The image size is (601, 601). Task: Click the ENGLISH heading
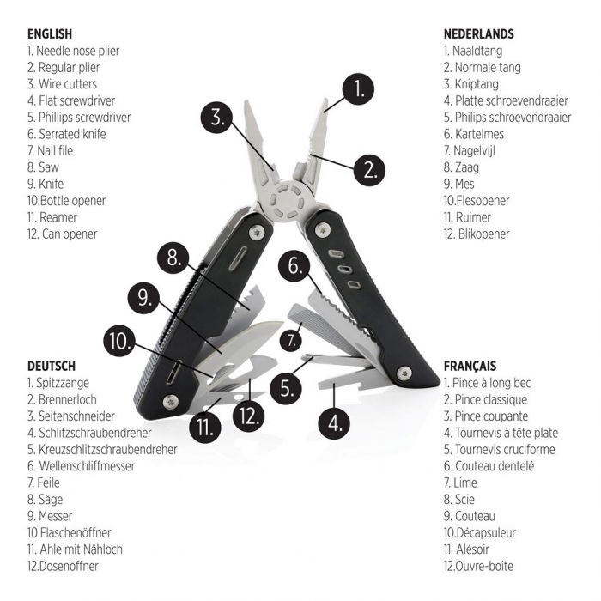pyautogui.click(x=50, y=33)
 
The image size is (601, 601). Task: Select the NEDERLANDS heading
pyautogui.click(x=479, y=33)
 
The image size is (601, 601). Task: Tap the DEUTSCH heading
pyautogui.click(x=52, y=366)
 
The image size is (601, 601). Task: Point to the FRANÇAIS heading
pyautogui.click(x=470, y=366)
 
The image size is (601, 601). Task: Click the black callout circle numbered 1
pyautogui.click(x=359, y=88)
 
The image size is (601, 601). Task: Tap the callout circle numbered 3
pyautogui.click(x=220, y=118)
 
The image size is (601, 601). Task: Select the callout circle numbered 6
pyautogui.click(x=294, y=266)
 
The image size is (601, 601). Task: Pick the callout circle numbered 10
pyautogui.click(x=120, y=340)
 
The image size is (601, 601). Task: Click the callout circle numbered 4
pyautogui.click(x=335, y=422)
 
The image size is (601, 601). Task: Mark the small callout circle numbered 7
pyautogui.click(x=294, y=338)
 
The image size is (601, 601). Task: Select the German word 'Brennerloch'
pyautogui.click(x=69, y=399)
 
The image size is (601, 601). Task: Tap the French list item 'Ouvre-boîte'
pyautogui.click(x=486, y=566)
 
